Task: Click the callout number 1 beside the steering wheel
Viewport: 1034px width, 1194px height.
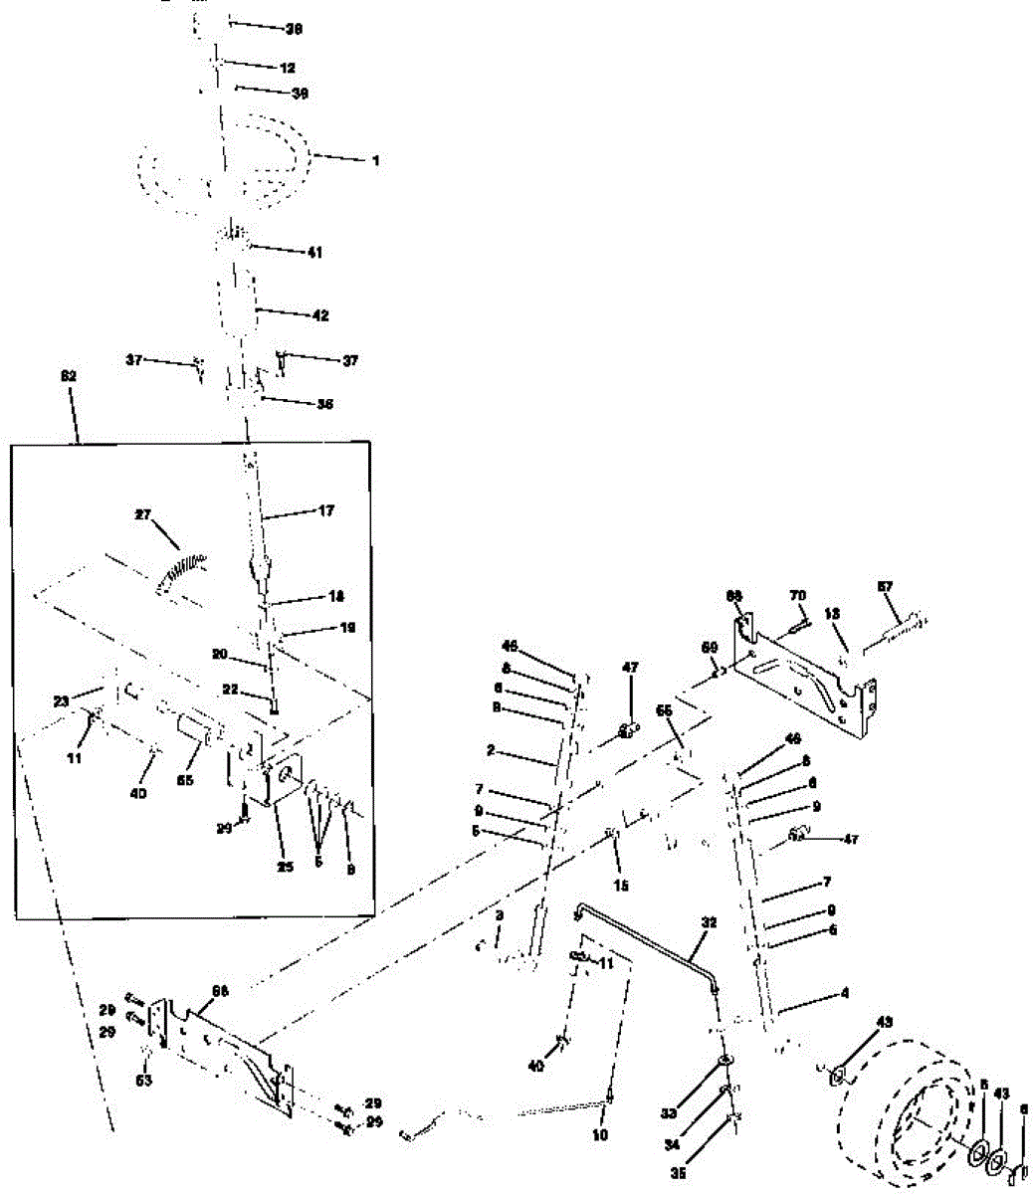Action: (375, 159)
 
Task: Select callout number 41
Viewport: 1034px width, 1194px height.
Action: (315, 253)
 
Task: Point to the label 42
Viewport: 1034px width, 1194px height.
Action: (319, 315)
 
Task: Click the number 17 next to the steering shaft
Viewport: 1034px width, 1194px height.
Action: (326, 510)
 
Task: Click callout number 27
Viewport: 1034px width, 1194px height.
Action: (145, 514)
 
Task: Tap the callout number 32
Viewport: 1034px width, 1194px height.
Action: (709, 923)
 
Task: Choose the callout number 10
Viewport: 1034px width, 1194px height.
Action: (600, 1134)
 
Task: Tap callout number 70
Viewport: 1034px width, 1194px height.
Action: (797, 595)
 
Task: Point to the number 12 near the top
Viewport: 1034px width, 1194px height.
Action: (289, 68)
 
